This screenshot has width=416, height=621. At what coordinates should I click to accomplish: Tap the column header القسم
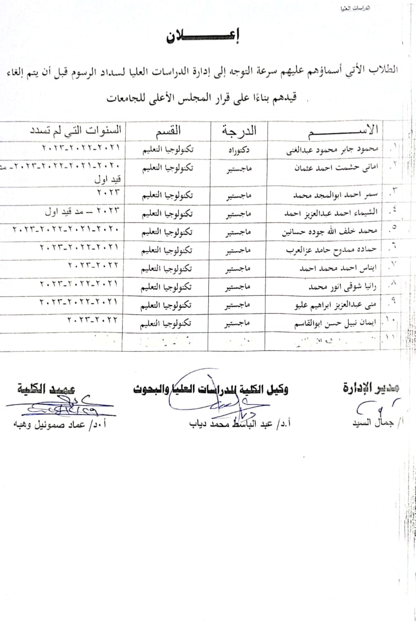point(168,131)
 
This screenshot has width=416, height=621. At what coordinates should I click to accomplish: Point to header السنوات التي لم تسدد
point(76,131)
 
